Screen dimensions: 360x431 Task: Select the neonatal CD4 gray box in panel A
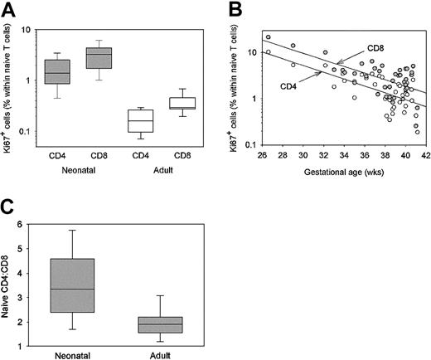pos(57,72)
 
